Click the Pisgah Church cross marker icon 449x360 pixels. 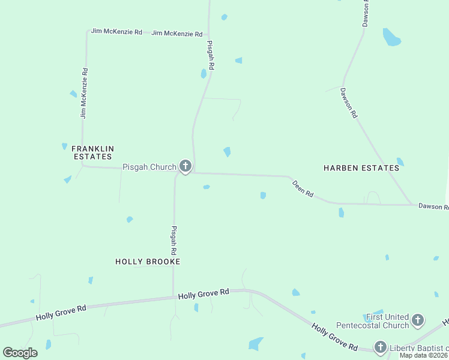[x=185, y=166]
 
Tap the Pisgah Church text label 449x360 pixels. [x=149, y=167]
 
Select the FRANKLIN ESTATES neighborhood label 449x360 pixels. [x=92, y=152]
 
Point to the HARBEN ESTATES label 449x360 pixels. [x=361, y=168]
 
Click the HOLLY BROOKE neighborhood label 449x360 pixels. [x=148, y=262]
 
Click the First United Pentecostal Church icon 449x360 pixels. [x=418, y=320]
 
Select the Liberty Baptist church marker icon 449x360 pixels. [x=380, y=347]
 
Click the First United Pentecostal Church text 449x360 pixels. [x=387, y=321]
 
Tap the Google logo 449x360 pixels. [x=20, y=352]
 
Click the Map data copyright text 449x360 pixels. [x=424, y=355]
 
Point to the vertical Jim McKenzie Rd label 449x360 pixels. [x=85, y=92]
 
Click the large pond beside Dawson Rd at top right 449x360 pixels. [x=391, y=37]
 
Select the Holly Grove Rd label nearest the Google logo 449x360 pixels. [x=61, y=312]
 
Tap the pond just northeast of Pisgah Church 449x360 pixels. [x=227, y=152]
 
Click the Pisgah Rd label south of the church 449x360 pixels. [x=174, y=241]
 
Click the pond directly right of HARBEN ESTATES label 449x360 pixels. [x=400, y=162]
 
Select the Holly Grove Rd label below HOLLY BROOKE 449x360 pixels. [x=203, y=293]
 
